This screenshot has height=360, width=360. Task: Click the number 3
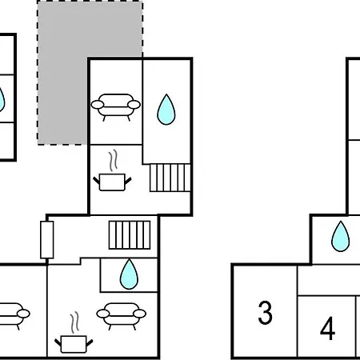click(266, 313)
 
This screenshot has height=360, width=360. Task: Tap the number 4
click(328, 328)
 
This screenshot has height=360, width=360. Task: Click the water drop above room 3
click(340, 236)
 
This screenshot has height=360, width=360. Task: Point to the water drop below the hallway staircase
click(129, 274)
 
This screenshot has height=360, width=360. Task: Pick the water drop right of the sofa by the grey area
click(166, 110)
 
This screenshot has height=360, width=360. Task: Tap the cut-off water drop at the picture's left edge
click(2, 99)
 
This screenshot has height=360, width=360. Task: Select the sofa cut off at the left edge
click(14, 316)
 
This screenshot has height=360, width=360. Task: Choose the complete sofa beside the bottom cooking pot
click(122, 316)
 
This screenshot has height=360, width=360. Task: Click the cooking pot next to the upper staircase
click(112, 182)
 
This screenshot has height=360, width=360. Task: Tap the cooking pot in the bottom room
click(74, 344)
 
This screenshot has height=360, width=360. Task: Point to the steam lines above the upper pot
click(114, 161)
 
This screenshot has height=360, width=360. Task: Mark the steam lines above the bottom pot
click(75, 322)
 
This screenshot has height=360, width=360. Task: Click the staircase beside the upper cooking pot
click(170, 178)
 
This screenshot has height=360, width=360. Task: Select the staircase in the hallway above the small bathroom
click(130, 235)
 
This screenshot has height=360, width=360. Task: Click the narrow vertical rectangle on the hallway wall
click(47, 240)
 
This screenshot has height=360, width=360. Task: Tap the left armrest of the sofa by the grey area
click(98, 105)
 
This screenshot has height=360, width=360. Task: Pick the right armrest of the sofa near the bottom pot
click(139, 314)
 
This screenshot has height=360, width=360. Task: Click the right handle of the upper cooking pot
click(128, 181)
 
